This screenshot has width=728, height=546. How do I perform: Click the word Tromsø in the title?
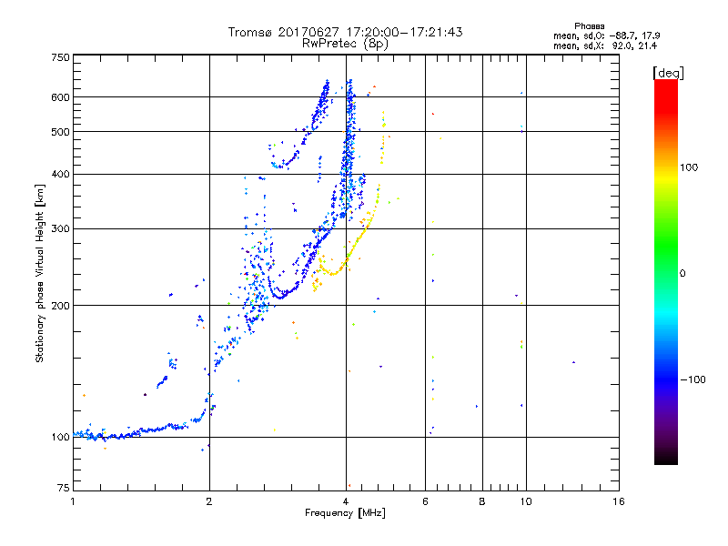coord(252,32)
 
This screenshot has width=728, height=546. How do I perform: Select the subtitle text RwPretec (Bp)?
coord(346,43)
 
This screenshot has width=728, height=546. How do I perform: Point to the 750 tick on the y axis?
coord(60,56)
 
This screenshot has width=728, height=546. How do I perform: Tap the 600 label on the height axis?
coord(60,97)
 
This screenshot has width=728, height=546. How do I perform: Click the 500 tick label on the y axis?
coord(60,132)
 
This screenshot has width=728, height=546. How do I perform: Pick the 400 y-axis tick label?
coord(60,175)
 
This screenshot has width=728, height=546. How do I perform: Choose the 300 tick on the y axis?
coord(60,229)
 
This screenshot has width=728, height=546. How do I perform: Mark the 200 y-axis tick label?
coord(60,306)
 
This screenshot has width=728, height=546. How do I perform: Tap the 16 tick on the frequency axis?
coord(618,501)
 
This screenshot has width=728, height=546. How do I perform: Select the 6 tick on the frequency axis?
coord(426,501)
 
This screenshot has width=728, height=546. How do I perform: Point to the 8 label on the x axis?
coord(482,501)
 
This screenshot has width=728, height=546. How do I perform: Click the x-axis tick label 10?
coord(525,501)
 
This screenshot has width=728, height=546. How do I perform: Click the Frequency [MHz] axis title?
coord(345,513)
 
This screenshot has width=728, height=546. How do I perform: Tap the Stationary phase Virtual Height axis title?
coord(40,273)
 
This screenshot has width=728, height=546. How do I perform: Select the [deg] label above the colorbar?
coord(669,72)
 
